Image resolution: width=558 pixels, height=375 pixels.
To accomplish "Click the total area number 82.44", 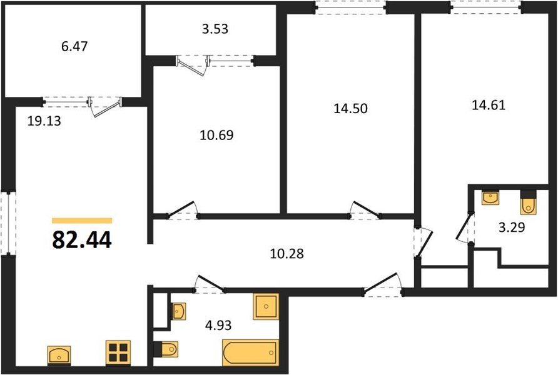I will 82,240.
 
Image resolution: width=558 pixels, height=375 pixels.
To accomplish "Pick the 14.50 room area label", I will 350,108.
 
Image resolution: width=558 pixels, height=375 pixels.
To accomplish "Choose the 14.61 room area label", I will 487,105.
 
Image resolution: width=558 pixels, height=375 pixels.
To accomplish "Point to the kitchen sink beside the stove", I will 61,355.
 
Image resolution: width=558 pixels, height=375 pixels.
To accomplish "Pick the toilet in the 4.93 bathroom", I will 166,347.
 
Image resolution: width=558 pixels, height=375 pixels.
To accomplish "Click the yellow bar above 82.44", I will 82,221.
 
